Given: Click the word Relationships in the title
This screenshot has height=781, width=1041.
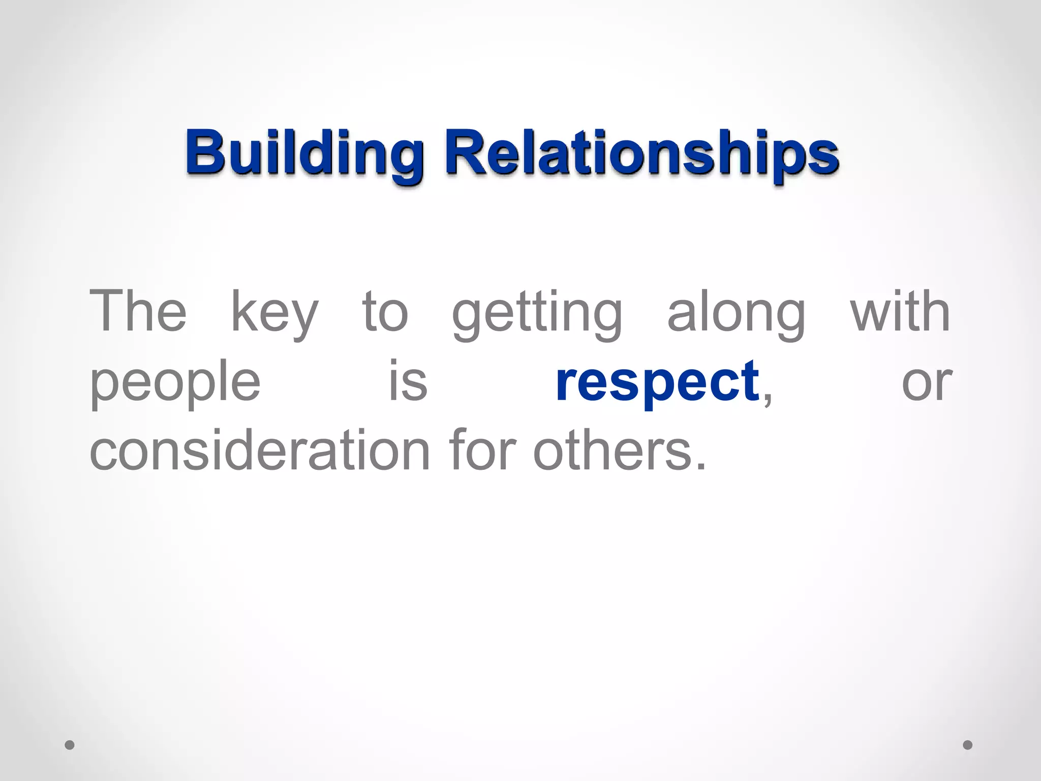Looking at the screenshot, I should point(641,153).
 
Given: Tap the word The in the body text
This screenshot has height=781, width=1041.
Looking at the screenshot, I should point(138,311).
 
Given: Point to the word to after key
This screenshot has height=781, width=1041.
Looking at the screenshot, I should point(385,311).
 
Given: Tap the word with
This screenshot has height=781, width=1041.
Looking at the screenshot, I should point(900,311).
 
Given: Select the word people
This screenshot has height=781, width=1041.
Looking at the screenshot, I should point(175,382).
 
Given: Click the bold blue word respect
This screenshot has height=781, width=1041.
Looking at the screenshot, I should point(657,382).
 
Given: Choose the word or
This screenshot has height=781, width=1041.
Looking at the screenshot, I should point(926,382).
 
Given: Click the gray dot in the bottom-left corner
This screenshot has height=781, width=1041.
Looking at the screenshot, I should point(70,745).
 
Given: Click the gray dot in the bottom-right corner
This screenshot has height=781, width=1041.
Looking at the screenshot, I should point(968,745).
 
